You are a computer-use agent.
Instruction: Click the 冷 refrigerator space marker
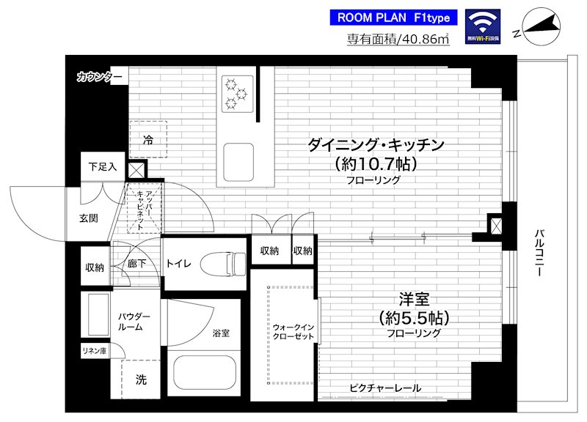pos(148,139)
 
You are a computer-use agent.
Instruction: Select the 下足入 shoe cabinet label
pos(103,166)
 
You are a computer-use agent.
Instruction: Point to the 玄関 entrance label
pos(90,218)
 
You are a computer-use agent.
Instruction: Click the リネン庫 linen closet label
pos(94,351)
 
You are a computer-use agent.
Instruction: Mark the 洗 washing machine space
pos(140,380)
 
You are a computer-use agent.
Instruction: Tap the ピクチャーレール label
pos(385,388)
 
